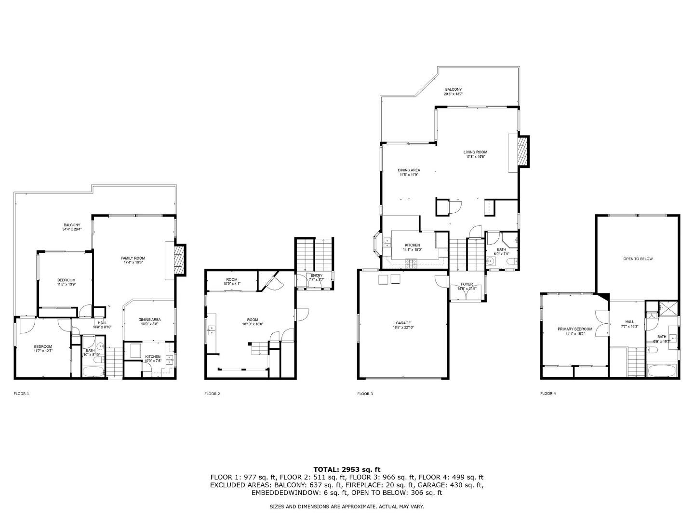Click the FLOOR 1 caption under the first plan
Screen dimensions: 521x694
[x=21, y=394]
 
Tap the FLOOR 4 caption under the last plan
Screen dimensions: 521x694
[x=548, y=394]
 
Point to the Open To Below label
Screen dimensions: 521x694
[x=638, y=259]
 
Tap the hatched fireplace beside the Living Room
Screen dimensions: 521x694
[x=522, y=152]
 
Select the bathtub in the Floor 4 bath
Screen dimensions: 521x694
[x=662, y=371]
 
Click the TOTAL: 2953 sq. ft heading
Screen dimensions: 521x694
[x=347, y=469]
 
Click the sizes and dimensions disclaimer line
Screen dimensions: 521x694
[x=347, y=507]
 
